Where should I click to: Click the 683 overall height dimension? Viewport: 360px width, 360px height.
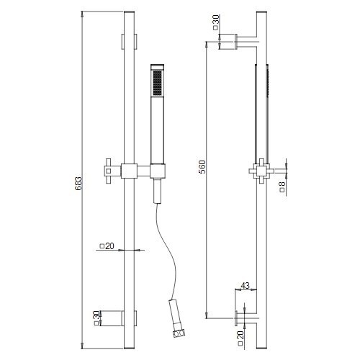pos(78,184)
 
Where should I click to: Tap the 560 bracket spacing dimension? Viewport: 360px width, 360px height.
pos(202,167)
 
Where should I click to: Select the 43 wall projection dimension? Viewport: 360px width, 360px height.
pos(245,286)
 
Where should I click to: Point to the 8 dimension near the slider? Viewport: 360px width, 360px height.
pos(282,186)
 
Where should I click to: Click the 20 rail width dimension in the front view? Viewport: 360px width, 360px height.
pos(107,246)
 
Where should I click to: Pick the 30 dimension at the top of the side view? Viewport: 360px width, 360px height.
pos(216,22)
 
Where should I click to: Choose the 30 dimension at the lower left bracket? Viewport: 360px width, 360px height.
pos(96,318)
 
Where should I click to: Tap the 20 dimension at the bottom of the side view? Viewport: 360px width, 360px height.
pos(240,338)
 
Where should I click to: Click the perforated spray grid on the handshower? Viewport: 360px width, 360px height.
pos(157,82)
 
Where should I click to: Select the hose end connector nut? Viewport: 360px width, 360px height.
pos(179,333)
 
